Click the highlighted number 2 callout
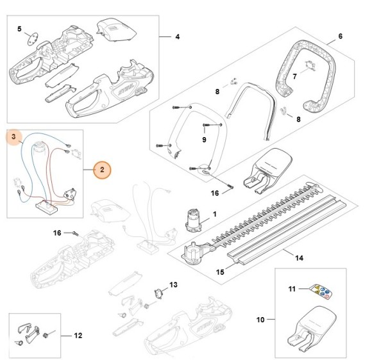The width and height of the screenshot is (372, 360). click(102, 170)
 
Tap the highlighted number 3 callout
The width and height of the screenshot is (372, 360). click(14, 136)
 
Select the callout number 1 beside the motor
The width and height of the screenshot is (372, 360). click(214, 214)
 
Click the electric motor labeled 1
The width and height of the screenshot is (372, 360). click(193, 220)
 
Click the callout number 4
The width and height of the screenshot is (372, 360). click(177, 37)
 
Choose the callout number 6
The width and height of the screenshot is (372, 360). click(340, 37)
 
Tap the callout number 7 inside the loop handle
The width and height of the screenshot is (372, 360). click(294, 77)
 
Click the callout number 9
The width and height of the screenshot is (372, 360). click(204, 140)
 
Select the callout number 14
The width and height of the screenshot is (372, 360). click(299, 258)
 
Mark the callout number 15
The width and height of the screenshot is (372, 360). click(220, 272)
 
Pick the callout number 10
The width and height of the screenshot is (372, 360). click(260, 320)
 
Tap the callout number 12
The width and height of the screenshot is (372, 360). click(78, 336)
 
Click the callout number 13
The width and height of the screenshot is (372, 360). click(173, 284)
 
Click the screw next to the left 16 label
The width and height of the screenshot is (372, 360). click(76, 233)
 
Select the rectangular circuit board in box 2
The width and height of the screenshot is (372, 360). click(47, 207)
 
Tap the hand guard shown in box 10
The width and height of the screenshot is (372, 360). click(312, 330)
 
